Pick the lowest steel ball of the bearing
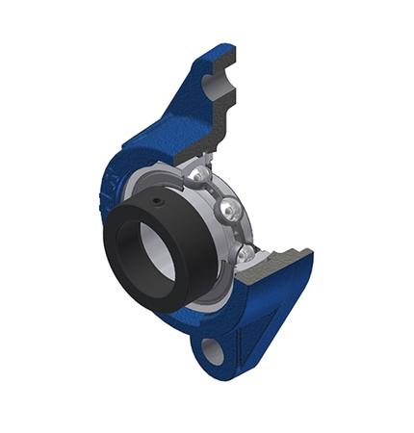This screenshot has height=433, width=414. (246, 253)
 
